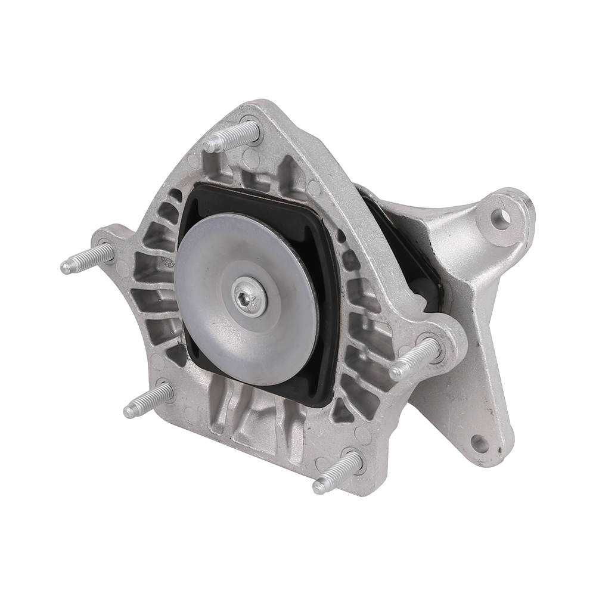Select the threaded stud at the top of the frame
coord(232,136)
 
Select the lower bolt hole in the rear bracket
coord(479,443)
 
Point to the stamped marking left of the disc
coord(169,264)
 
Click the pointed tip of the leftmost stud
coord(64,268)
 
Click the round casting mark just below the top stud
coord(251,159)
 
